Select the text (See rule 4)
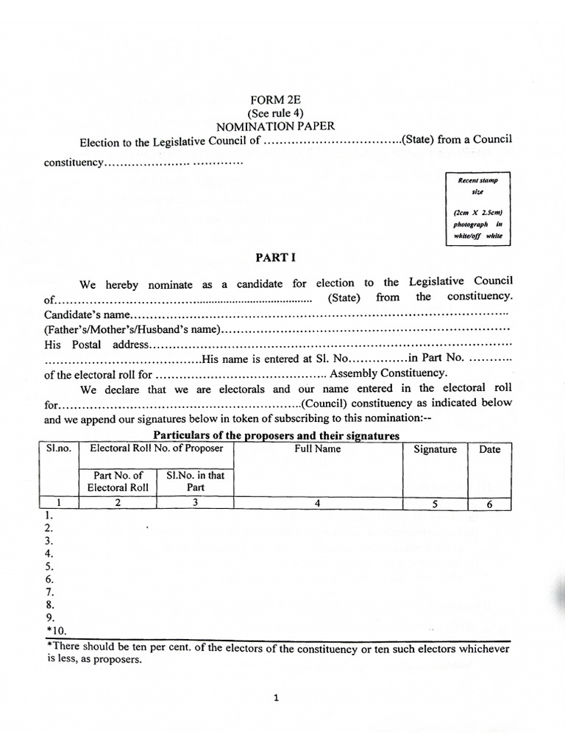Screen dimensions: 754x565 (x=275, y=113)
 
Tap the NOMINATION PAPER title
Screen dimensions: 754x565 (x=275, y=126)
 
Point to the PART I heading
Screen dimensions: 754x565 (x=274, y=258)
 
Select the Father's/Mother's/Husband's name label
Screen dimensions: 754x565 (x=132, y=329)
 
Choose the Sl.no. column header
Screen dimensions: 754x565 (x=58, y=448)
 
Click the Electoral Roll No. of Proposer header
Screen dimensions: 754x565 (x=156, y=448)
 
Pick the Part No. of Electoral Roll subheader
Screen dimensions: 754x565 (x=118, y=481)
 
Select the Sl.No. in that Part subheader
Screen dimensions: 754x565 (x=195, y=481)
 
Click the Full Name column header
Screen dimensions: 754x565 (x=318, y=448)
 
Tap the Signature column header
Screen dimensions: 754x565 (x=435, y=449)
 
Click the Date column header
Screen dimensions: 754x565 (x=489, y=449)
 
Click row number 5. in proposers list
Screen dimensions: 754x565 (x=49, y=566)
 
